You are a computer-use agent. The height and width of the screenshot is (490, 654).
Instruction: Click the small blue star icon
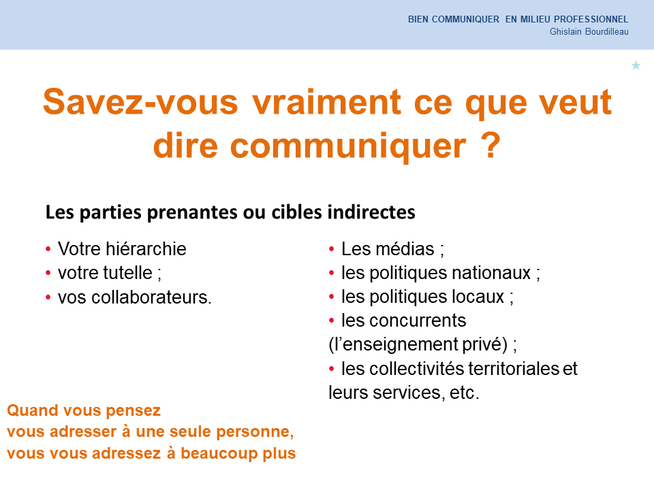tap(636, 65)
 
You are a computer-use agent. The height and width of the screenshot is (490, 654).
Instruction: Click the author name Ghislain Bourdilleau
tap(589, 32)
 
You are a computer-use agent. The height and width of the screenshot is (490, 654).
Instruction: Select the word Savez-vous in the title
tap(140, 101)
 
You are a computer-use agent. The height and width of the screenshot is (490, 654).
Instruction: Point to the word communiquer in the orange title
tap(348, 146)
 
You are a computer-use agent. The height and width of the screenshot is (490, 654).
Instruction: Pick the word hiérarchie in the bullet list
tap(146, 249)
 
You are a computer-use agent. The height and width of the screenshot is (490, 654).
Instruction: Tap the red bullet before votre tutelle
tap(48, 274)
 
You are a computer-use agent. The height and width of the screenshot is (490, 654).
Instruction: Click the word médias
tap(405, 249)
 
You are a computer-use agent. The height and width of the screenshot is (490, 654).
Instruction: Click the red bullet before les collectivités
tap(332, 369)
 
